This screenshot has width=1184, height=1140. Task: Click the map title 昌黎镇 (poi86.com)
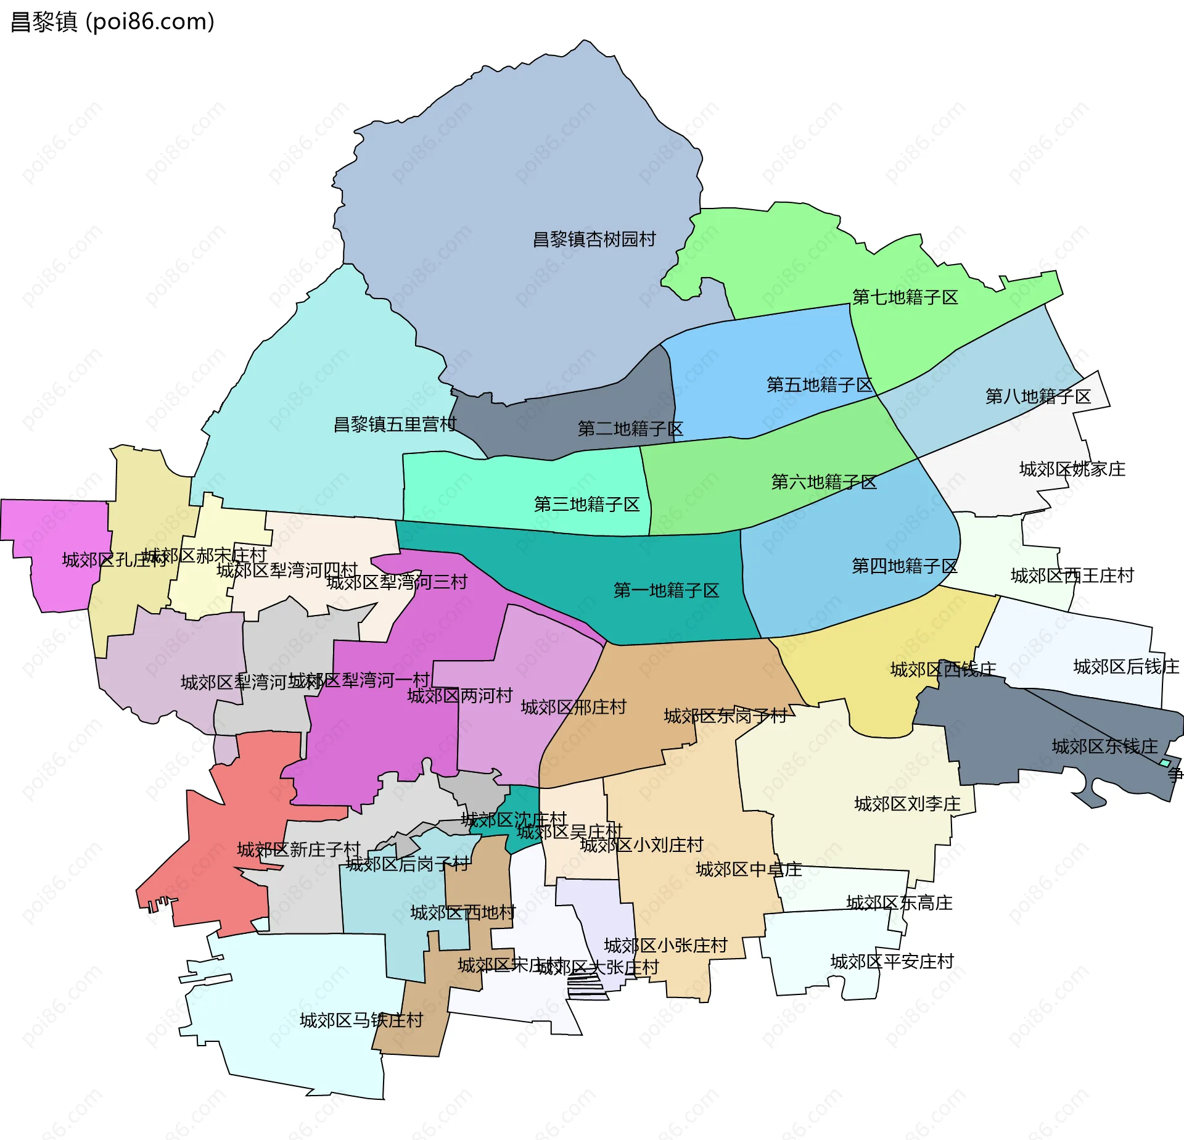coord(113,22)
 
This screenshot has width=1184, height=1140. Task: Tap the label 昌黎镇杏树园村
coord(594,239)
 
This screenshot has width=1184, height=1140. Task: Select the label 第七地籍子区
coord(905,297)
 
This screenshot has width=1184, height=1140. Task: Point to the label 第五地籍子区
coord(819,385)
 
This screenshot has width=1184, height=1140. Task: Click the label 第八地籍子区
coord(1038,396)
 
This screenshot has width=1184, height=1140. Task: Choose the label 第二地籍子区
coord(630,429)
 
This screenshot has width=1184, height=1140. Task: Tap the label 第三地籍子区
coord(586,505)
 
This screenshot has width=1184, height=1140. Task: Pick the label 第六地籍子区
coord(824,482)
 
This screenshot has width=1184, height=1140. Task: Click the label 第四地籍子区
coord(904,566)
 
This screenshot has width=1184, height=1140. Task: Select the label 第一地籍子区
coord(666,590)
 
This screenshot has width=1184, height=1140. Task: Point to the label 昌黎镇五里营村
coord(395,424)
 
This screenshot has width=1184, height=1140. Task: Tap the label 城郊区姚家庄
coord(1072,469)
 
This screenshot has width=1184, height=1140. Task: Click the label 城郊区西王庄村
coord(1072,576)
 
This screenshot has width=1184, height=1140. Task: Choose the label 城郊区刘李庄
coord(907,804)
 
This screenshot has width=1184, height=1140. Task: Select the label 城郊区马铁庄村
coord(361,1020)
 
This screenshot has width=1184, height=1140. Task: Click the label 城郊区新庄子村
coord(298,849)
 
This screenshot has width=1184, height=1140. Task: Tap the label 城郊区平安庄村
coord(892,961)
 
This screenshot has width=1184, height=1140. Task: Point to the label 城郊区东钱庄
coord(1104,746)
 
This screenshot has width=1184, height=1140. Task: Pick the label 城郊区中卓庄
coord(749,869)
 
